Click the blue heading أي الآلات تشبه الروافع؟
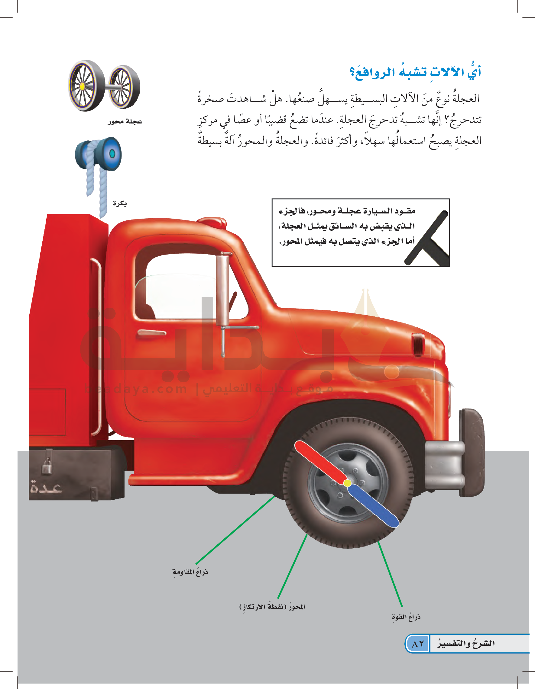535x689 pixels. [x=415, y=72]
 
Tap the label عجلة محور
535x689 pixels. [x=125, y=121]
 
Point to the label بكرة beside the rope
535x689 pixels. [x=120, y=203]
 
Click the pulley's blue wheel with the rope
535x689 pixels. [x=109, y=154]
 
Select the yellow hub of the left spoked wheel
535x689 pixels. [x=82, y=86]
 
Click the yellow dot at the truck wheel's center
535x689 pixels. [x=347, y=483]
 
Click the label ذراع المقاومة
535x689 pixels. [x=190, y=572]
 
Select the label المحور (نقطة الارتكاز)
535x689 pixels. [x=272, y=607]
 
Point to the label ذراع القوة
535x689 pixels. [x=406, y=617]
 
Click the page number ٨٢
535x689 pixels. [x=417, y=644]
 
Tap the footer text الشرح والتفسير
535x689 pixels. [x=466, y=643]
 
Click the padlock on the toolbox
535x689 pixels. [x=47, y=466]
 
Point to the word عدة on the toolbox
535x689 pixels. [x=46, y=488]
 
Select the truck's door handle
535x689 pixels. [x=152, y=332]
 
